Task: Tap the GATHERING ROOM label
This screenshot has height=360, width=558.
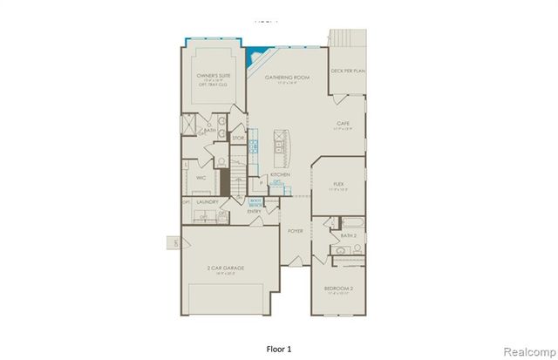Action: (289, 77)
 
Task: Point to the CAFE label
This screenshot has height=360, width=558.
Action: (344, 126)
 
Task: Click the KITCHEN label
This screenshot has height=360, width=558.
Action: (279, 175)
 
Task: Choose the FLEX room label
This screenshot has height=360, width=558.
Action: (339, 184)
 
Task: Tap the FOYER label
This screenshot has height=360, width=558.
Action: (296, 230)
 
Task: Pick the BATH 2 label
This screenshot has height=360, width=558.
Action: (348, 235)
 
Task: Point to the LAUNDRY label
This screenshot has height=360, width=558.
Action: (207, 201)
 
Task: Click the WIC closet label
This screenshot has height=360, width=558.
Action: (200, 177)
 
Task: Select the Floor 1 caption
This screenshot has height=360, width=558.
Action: (278, 348)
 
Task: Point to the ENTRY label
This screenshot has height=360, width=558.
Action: (254, 211)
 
